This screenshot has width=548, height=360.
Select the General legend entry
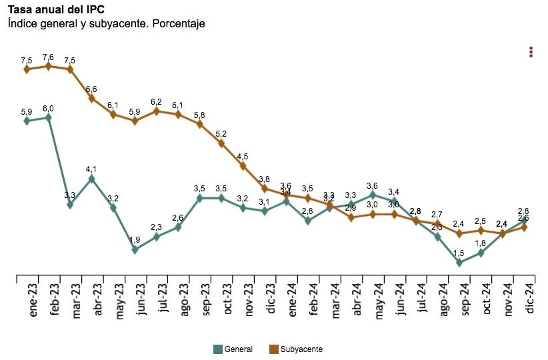point(233,349)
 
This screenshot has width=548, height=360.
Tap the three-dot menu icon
point(531,52)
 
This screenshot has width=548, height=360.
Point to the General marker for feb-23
point(48,117)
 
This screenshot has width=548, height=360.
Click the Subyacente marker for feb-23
point(48,66)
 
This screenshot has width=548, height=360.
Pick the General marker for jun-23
point(135,250)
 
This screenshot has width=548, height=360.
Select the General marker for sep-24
point(459,263)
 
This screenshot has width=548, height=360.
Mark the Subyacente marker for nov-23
point(243,166)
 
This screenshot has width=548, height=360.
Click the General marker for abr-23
point(91,179)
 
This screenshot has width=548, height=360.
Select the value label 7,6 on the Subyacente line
point(48,57)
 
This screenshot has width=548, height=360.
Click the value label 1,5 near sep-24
point(459,253)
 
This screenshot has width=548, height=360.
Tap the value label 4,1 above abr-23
point(91,169)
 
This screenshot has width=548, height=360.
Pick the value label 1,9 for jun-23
point(135,241)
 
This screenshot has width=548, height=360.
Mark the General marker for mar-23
point(70,205)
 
